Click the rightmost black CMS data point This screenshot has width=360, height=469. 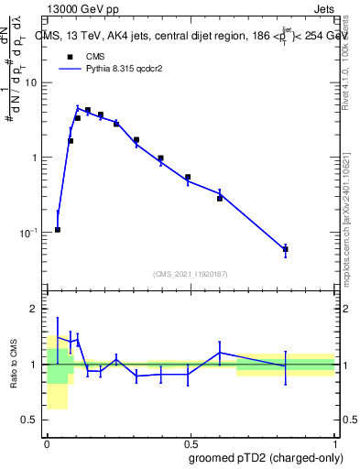click(x=286, y=249)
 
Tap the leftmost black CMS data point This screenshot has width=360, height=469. click(x=58, y=229)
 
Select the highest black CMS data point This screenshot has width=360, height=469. click(x=87, y=110)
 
